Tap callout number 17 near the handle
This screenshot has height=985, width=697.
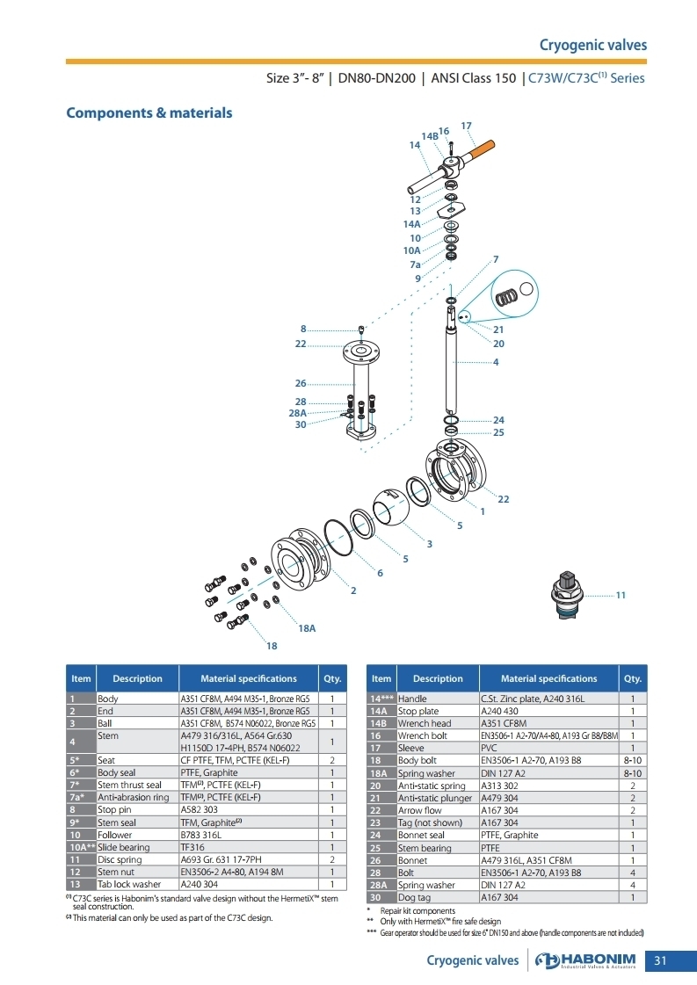[466, 127]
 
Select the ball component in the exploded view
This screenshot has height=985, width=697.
[390, 507]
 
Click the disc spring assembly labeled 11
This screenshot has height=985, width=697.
[567, 594]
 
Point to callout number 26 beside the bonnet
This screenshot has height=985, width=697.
[301, 383]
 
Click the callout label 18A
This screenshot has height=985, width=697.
[307, 628]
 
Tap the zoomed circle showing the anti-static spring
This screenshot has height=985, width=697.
[513, 294]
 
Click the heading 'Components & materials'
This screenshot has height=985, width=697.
[149, 113]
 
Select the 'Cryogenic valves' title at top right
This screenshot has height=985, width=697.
[592, 45]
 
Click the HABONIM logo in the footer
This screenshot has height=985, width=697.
[585, 960]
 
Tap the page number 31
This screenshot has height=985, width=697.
[660, 960]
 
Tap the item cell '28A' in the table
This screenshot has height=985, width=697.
[381, 885]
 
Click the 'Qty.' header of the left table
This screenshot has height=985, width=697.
[332, 678]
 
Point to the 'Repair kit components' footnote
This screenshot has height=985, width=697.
[417, 911]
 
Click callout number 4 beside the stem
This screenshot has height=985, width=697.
[496, 362]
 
